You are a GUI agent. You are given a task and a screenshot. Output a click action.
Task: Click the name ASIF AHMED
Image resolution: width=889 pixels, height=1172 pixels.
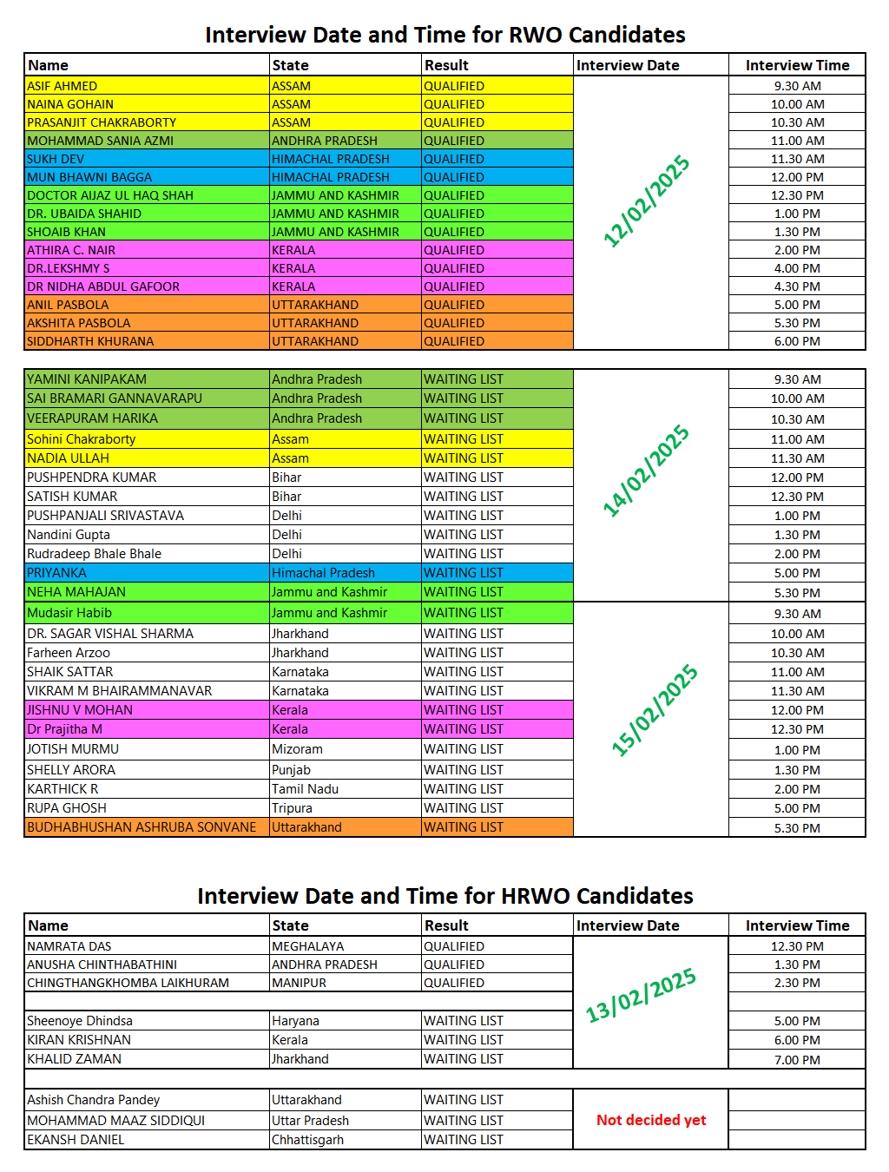point(63,86)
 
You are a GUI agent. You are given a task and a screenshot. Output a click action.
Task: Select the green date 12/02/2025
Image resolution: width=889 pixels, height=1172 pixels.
point(647,201)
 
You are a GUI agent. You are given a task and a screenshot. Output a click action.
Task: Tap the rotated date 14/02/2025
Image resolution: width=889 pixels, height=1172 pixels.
point(647,471)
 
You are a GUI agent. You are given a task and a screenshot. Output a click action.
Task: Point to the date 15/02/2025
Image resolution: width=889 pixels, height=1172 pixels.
point(655,710)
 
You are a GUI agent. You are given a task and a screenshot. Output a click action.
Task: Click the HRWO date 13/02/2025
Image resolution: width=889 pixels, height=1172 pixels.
point(641,996)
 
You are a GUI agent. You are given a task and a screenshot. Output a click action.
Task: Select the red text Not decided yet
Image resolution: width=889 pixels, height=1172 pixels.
point(651,1120)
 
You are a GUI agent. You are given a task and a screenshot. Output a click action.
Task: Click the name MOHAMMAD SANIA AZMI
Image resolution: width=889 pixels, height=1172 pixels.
point(101,141)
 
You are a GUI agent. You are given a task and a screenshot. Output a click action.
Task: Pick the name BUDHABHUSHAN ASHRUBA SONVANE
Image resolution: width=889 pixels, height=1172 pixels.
point(142,827)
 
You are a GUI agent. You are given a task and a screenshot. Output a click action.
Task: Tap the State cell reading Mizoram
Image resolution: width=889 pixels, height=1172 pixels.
point(297,749)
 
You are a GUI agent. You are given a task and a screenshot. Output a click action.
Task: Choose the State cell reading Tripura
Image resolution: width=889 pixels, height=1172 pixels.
point(292,808)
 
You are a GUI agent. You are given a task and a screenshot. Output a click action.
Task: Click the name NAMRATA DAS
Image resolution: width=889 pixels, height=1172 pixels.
point(69,946)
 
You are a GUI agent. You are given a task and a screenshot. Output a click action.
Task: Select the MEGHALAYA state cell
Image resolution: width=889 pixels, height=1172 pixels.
point(308,946)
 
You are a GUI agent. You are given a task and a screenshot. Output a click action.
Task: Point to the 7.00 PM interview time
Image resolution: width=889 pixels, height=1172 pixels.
point(797,1060)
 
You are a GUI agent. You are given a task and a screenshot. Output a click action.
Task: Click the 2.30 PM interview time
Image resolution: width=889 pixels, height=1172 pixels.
point(797,983)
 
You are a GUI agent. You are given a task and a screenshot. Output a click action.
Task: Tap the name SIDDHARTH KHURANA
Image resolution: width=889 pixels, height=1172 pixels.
point(90,341)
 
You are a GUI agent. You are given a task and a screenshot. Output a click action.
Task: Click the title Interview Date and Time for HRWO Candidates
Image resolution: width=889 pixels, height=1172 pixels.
point(444,896)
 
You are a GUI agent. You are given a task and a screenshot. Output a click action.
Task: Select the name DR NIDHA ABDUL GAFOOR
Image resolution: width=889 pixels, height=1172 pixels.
point(103,286)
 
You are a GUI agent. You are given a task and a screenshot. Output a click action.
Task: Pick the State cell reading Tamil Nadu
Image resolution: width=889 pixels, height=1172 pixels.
point(305,789)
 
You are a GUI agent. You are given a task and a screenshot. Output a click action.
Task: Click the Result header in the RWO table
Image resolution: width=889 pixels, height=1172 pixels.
point(446,65)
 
